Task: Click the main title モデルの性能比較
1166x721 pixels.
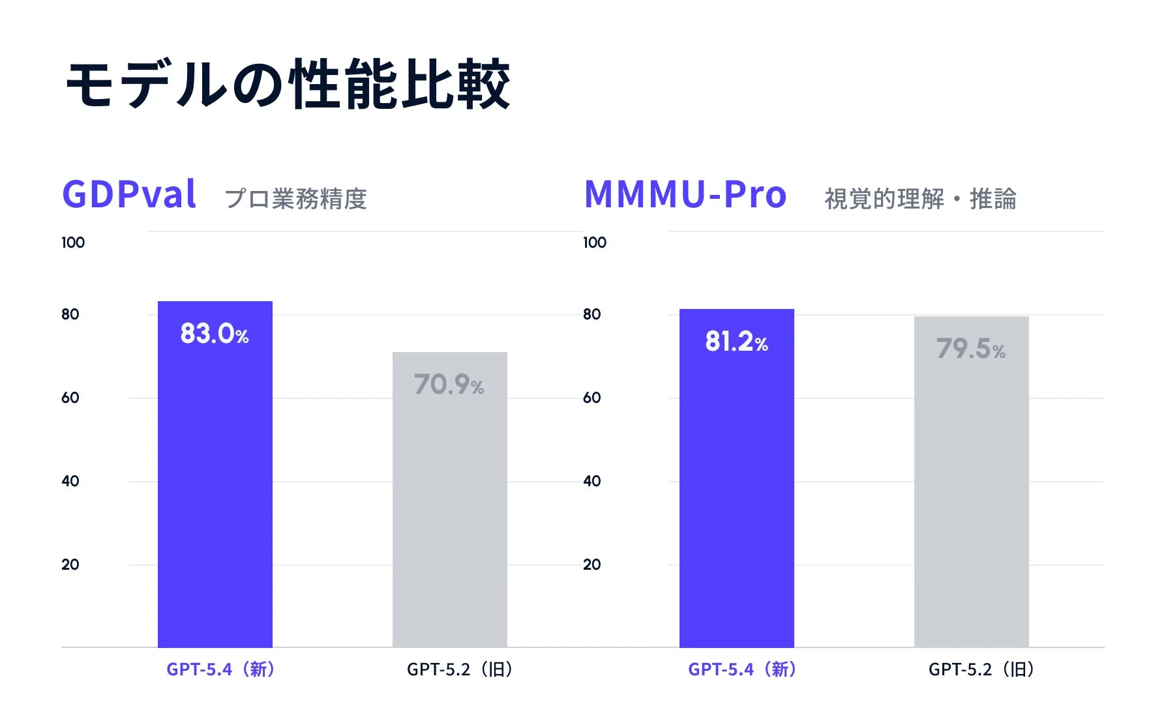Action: pyautogui.click(x=288, y=85)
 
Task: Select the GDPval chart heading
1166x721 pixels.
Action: pyautogui.click(x=129, y=194)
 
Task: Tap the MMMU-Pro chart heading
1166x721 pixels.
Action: pyautogui.click(x=685, y=194)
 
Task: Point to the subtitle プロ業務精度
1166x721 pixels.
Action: pyautogui.click(x=295, y=199)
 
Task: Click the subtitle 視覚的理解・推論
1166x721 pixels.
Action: pyautogui.click(x=920, y=199)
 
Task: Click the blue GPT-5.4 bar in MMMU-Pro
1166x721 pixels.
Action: pyautogui.click(x=737, y=489)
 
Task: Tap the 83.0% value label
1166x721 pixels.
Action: pyautogui.click(x=215, y=334)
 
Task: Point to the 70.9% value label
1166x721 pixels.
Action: pyautogui.click(x=449, y=385)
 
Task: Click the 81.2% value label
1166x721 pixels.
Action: pyautogui.click(x=736, y=342)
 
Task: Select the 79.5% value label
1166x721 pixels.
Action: pyautogui.click(x=970, y=349)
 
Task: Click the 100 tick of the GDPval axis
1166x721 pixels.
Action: pyautogui.click(x=73, y=243)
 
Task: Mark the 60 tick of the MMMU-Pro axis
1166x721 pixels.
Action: pyautogui.click(x=591, y=398)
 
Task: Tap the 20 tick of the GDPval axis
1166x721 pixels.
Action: pyautogui.click(x=70, y=565)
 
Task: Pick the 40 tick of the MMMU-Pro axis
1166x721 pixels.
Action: pyautogui.click(x=591, y=481)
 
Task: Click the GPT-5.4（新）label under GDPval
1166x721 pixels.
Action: pyautogui.click(x=220, y=669)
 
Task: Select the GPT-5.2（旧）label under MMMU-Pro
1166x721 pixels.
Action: pyautogui.click(x=981, y=669)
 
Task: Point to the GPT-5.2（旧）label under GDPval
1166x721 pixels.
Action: pyautogui.click(x=460, y=669)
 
